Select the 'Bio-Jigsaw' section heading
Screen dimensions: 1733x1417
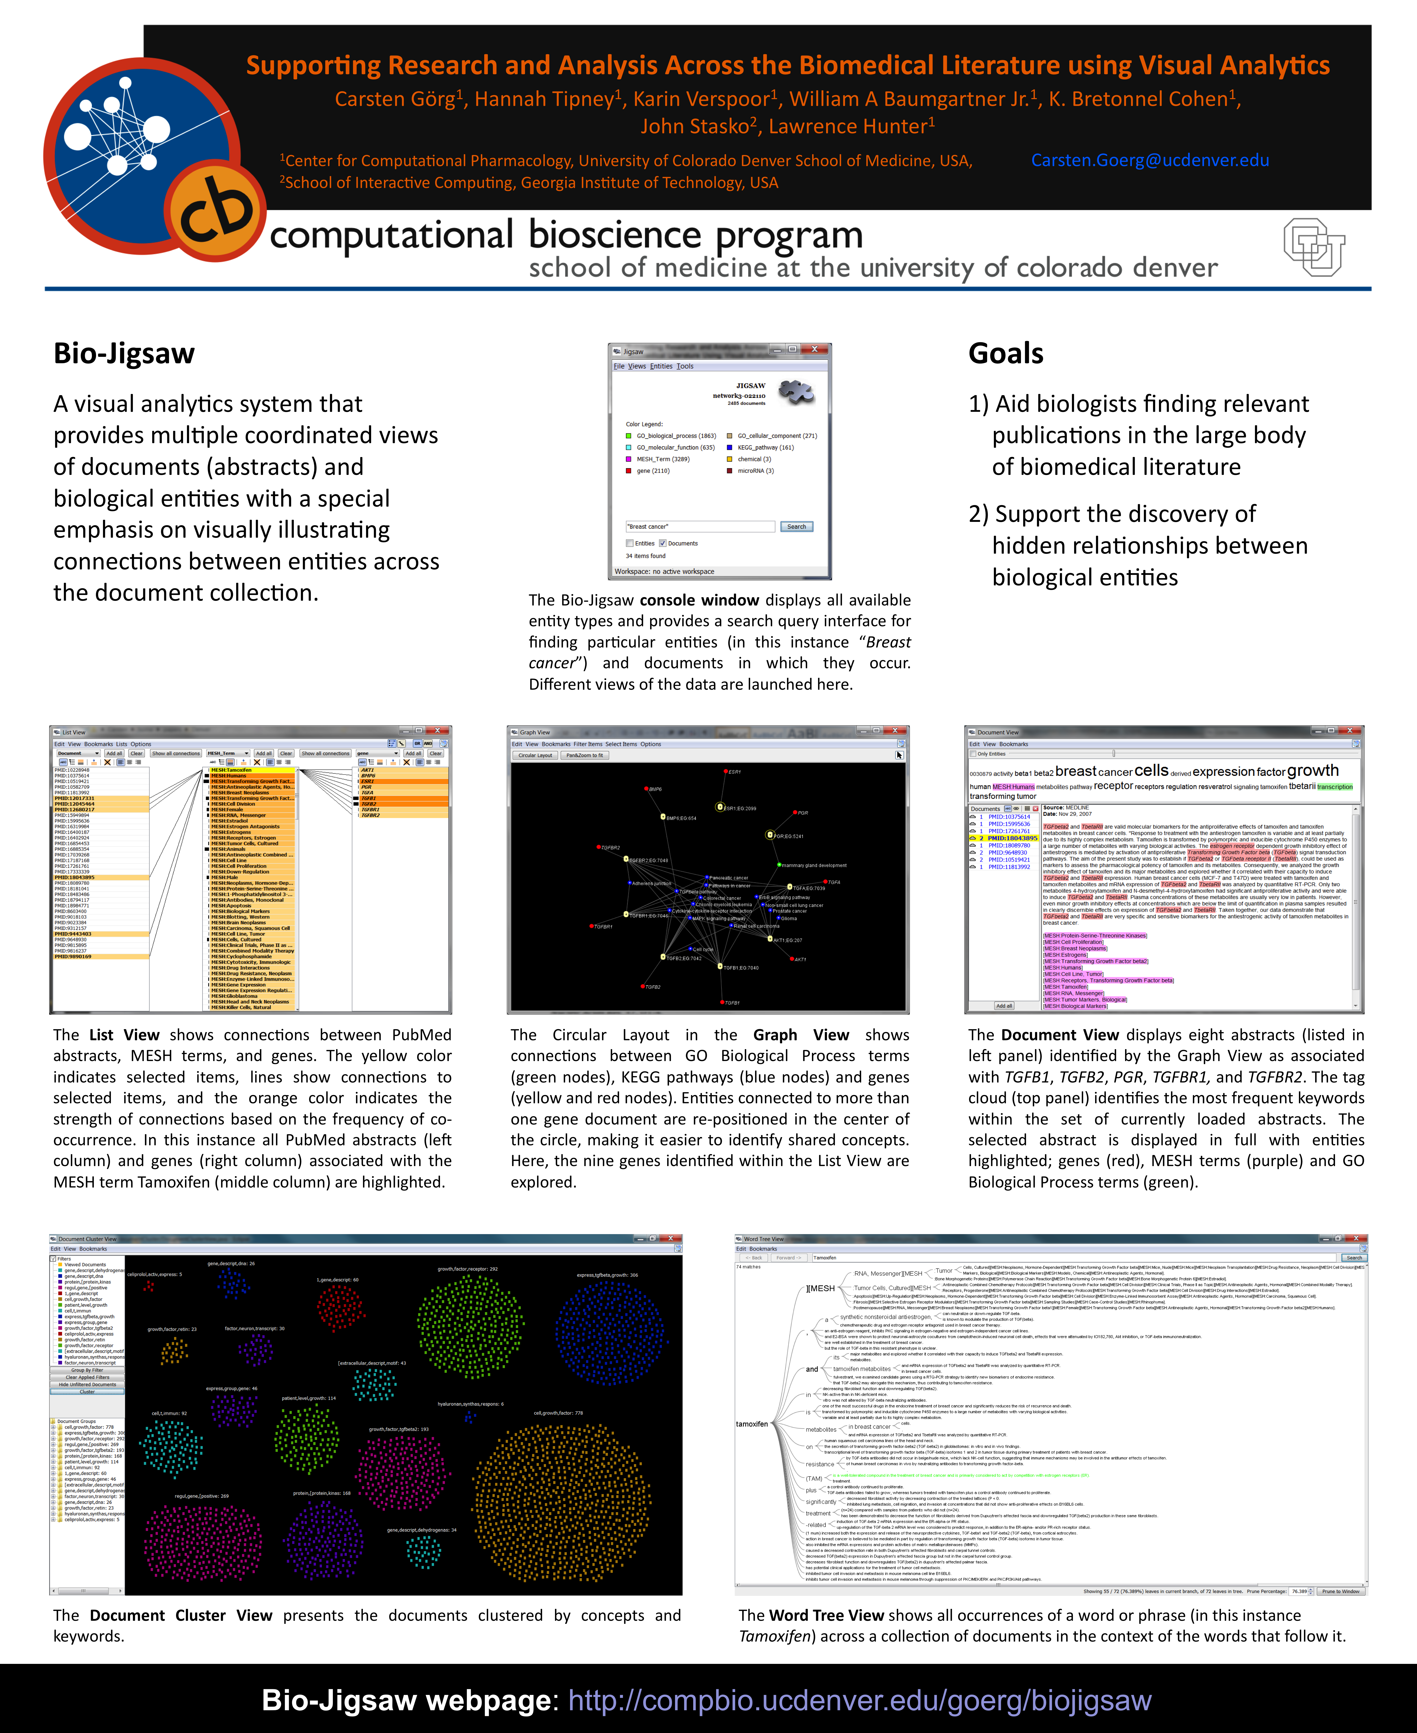(x=124, y=354)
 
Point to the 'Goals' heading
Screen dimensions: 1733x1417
(x=1006, y=354)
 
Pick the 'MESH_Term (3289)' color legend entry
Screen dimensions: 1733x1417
(x=662, y=459)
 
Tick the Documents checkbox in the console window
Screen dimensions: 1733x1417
(x=663, y=543)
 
